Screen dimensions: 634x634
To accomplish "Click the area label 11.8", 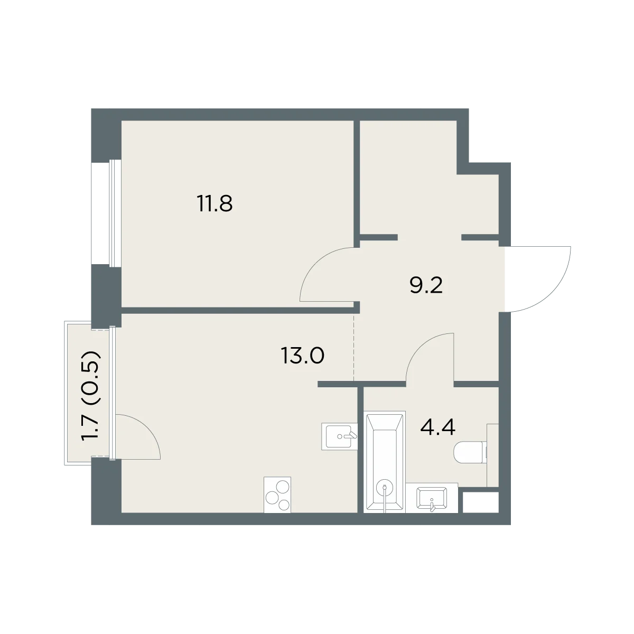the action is tap(215, 203).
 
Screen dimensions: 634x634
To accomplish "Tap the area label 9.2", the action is tap(426, 286).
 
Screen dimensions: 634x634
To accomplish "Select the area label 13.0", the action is tap(303, 356).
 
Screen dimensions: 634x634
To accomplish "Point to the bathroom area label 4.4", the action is tap(438, 427).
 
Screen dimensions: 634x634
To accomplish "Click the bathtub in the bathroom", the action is tap(385, 462).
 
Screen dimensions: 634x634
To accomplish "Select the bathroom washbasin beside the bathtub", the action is tap(432, 498).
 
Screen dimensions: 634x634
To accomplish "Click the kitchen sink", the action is tap(340, 436).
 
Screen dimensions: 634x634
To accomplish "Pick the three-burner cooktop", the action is tap(277, 495).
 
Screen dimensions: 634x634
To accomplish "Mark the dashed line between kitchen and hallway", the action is tap(354, 347).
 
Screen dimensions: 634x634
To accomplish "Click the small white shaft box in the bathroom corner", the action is tap(481, 502).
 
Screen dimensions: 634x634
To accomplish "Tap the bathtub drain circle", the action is tap(385, 488).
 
